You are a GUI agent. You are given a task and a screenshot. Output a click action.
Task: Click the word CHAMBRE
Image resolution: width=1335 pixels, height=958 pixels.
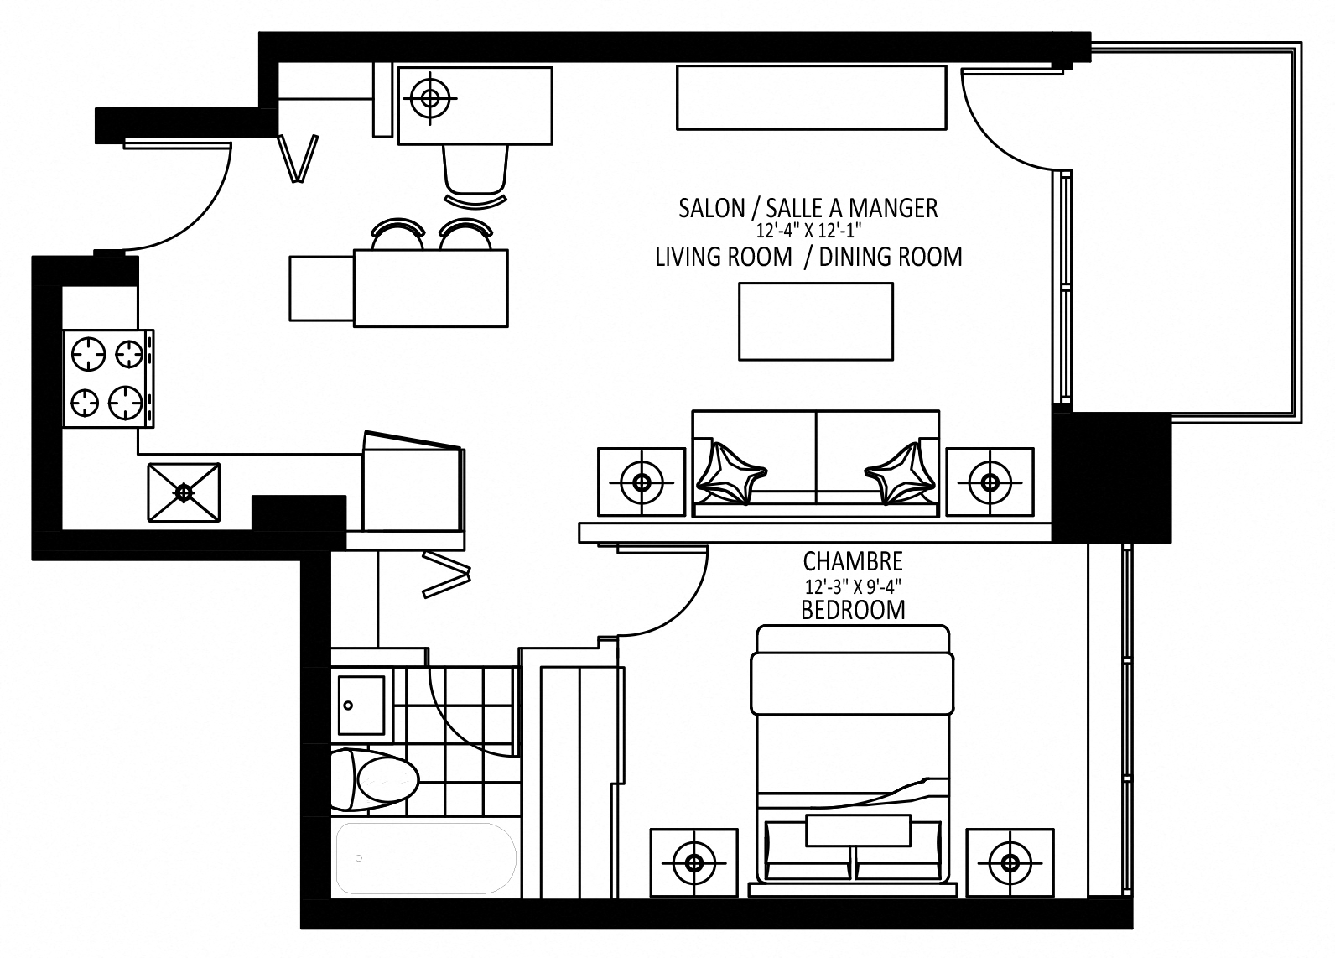click(x=852, y=560)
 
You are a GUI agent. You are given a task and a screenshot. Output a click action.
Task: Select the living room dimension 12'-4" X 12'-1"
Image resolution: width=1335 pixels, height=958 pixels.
click(x=808, y=229)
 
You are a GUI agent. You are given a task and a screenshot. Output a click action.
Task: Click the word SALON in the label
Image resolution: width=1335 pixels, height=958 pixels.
click(x=711, y=208)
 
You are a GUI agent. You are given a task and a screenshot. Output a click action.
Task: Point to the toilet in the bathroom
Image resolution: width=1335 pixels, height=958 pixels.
click(x=375, y=780)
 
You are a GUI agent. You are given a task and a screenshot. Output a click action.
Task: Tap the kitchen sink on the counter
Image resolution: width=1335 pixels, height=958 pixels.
click(x=184, y=492)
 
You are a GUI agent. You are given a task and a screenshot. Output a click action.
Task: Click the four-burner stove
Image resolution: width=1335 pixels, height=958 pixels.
click(x=107, y=378)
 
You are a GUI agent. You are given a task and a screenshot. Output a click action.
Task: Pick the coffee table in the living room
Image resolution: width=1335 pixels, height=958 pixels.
click(x=815, y=321)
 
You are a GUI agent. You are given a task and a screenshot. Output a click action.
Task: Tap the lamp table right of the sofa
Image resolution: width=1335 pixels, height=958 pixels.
click(x=990, y=482)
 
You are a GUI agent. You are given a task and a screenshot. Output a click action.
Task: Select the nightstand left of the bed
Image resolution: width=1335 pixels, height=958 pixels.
click(x=694, y=862)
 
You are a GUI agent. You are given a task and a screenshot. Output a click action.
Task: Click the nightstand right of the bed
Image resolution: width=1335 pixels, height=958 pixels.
click(x=1010, y=862)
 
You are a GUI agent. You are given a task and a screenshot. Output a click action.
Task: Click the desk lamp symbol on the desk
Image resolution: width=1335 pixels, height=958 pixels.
click(x=430, y=98)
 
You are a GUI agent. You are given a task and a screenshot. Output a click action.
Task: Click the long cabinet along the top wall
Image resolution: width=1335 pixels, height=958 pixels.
click(x=811, y=98)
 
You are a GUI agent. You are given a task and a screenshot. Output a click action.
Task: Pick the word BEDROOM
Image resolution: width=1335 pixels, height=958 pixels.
click(x=852, y=610)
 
